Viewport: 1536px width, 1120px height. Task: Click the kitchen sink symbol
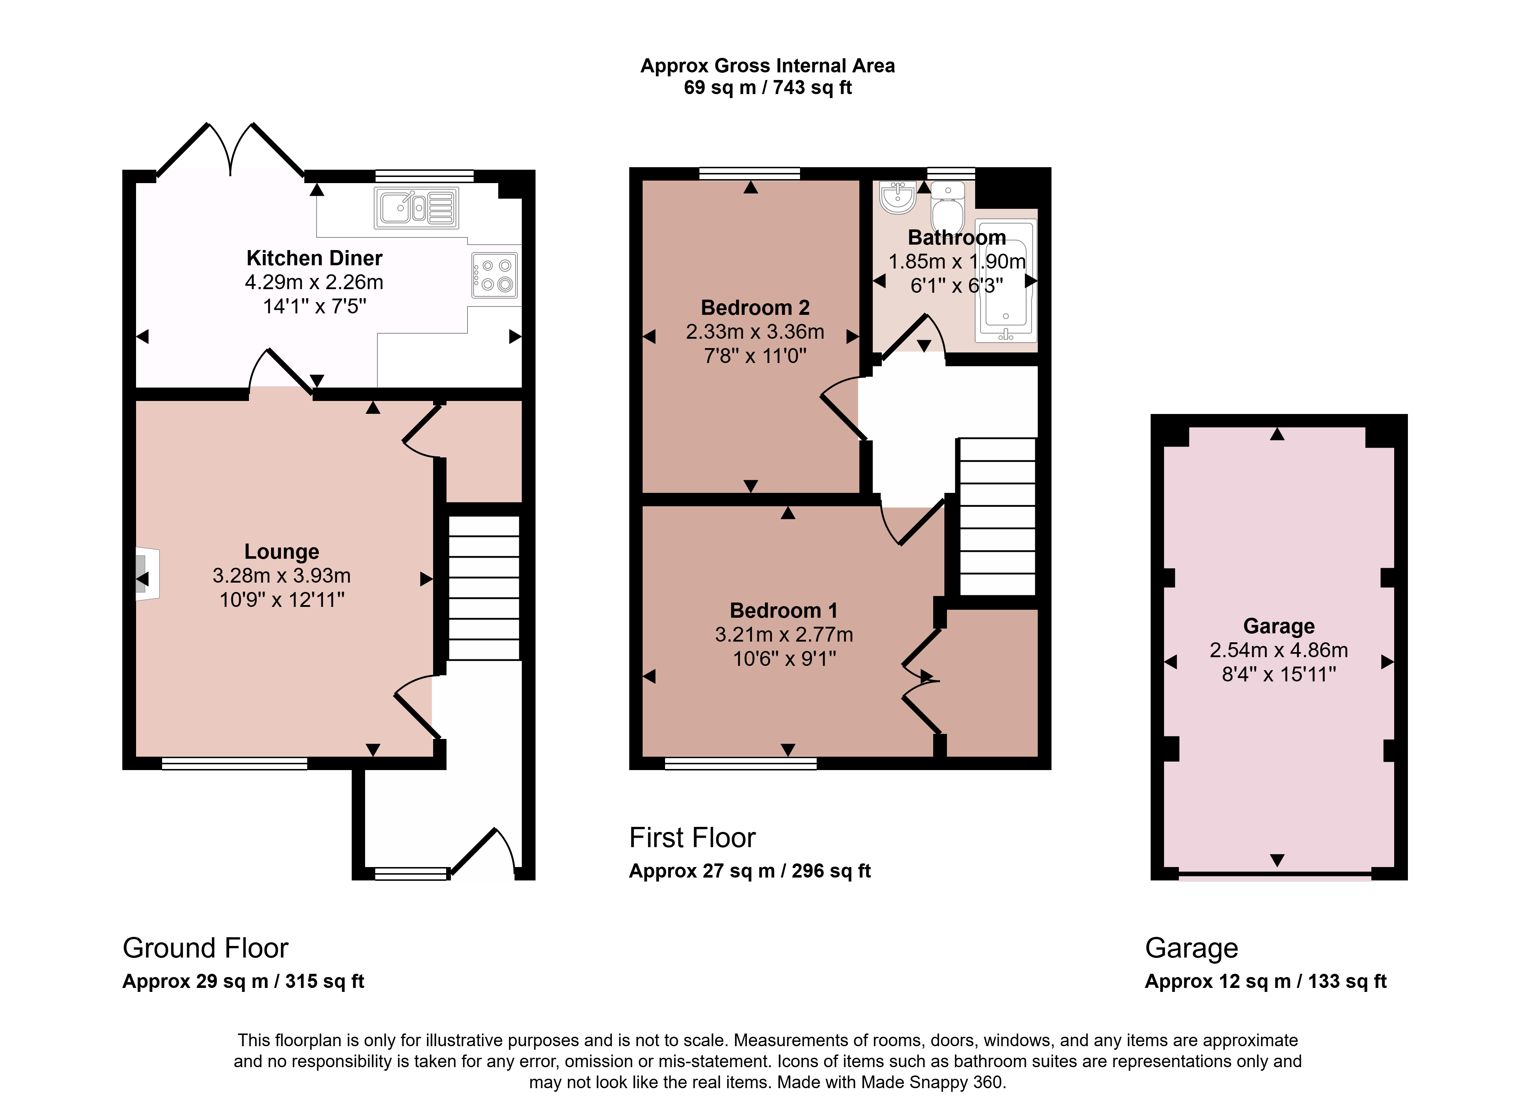[x=416, y=207]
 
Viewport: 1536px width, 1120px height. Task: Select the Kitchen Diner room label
[x=314, y=258]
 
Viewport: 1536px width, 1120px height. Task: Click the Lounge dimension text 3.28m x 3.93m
[x=281, y=576]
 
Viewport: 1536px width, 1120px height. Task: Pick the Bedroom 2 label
[x=755, y=308]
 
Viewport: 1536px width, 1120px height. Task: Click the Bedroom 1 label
[x=784, y=611]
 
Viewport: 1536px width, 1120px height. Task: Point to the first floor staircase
[x=997, y=517]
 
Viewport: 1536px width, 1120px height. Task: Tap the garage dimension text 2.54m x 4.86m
[x=1278, y=650]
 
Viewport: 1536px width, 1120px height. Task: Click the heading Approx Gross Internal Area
[x=767, y=66]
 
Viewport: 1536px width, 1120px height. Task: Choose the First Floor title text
[x=692, y=838]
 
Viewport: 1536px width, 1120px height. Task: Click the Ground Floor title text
[x=206, y=948]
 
